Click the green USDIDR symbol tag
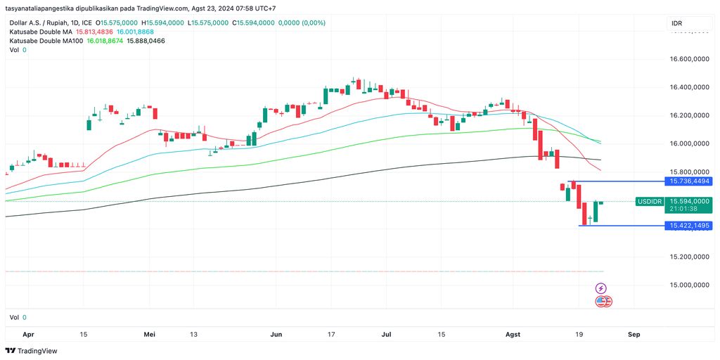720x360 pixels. [649, 202]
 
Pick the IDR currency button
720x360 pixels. [677, 24]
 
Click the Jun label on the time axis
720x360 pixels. [276, 335]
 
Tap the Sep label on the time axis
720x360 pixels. [634, 335]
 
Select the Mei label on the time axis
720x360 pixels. [148, 335]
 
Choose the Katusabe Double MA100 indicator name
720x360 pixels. [46, 41]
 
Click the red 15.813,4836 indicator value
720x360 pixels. [104, 32]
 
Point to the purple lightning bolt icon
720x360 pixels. [601, 288]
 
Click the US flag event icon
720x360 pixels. [601, 301]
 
